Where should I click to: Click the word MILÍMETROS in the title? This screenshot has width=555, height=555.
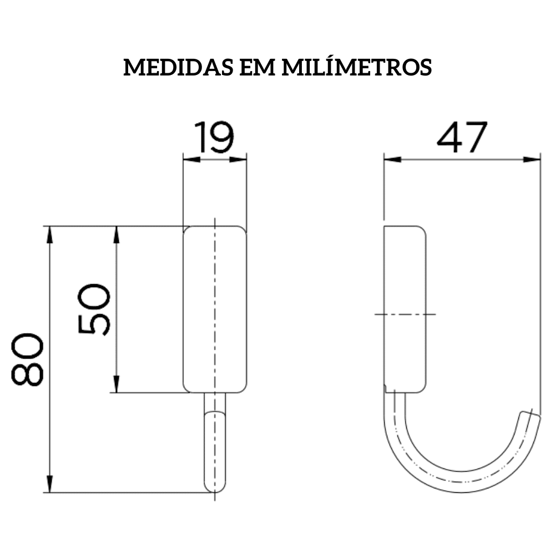[x=357, y=67]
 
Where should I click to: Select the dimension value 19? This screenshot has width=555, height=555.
[x=214, y=138]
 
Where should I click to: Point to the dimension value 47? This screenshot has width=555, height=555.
[x=462, y=138]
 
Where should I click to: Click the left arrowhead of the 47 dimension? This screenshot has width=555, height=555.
[x=392, y=160]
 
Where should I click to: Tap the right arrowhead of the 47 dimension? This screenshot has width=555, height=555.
[x=533, y=160]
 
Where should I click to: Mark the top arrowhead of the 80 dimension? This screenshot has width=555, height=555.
[x=50, y=235]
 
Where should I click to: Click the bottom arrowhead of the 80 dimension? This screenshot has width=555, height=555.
[x=50, y=484]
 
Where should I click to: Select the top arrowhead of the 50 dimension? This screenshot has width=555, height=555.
[x=117, y=235]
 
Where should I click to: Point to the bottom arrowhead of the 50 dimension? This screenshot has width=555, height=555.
[x=117, y=384]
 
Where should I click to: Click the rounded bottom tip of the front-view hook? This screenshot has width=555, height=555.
[x=215, y=488]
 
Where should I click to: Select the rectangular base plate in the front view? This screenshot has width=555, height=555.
[x=215, y=309]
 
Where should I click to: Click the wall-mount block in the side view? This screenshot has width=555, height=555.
[x=405, y=309]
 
